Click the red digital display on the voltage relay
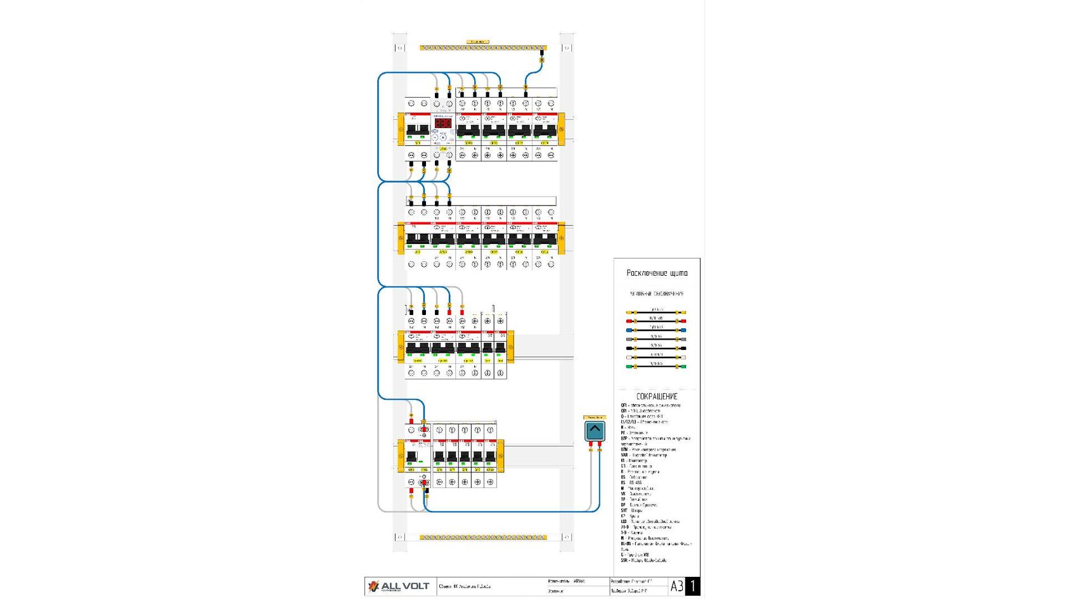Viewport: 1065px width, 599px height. click(442, 124)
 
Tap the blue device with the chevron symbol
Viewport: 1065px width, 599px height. click(595, 431)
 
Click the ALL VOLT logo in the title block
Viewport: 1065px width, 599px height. click(399, 586)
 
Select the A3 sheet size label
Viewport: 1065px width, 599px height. click(676, 586)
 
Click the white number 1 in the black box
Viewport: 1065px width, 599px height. click(693, 586)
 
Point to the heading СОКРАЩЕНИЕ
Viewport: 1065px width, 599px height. click(657, 396)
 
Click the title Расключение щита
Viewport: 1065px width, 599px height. click(657, 273)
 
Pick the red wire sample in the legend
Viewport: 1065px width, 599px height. click(656, 321)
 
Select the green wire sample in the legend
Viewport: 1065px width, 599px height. click(656, 366)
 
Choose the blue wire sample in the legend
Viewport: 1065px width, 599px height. click(656, 330)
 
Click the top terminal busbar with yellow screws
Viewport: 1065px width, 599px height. click(483, 48)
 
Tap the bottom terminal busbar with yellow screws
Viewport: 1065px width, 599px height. click(483, 538)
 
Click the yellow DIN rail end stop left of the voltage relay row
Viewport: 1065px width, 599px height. click(401, 129)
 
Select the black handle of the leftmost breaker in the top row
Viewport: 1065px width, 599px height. click(417, 130)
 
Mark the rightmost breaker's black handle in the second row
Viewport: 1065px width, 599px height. click(545, 239)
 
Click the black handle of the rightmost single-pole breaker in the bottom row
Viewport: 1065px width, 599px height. click(489, 457)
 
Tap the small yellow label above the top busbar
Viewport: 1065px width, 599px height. click(477, 42)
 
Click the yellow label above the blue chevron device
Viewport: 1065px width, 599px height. click(595, 417)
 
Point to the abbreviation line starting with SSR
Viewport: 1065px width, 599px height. click(643, 560)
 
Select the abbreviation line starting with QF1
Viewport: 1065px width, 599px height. click(650, 405)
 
